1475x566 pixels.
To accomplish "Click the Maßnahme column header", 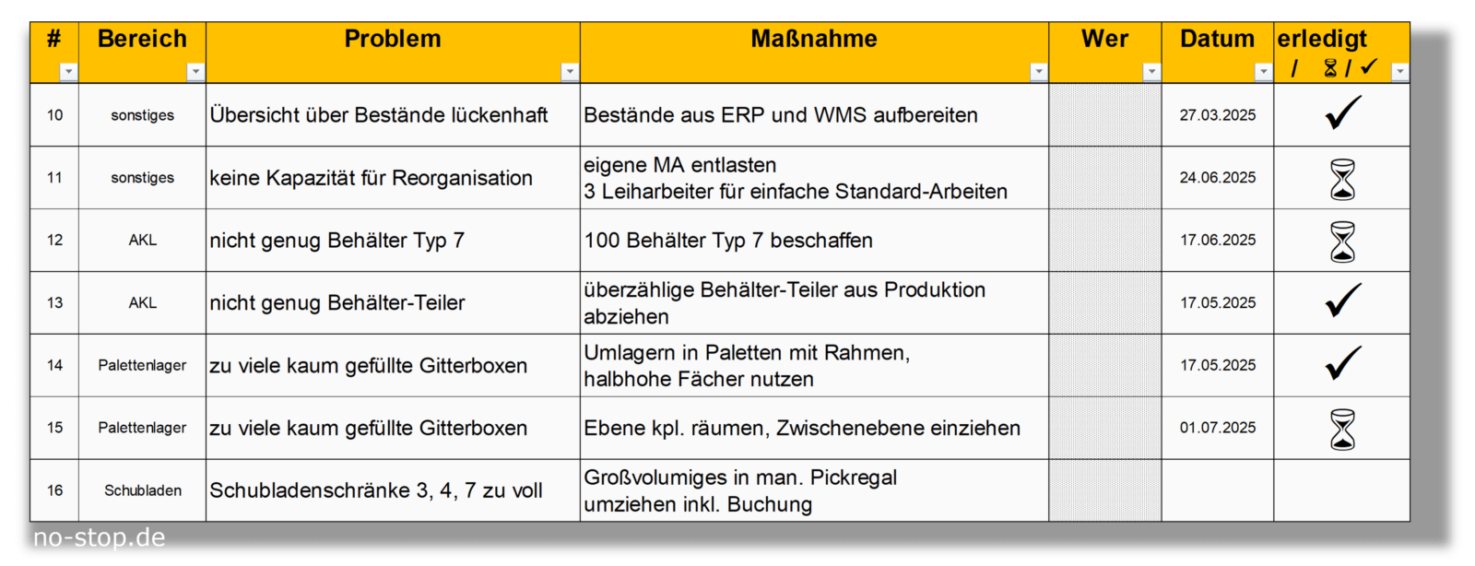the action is point(814,39).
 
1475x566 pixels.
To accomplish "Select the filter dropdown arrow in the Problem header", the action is point(570,72).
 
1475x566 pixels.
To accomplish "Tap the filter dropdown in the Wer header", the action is point(1151,72).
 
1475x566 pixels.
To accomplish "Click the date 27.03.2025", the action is point(1218,115).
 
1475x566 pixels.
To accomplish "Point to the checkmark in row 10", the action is point(1342,112).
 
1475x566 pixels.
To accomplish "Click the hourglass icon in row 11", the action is point(1342,179).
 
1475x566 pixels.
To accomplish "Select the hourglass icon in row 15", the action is point(1342,429).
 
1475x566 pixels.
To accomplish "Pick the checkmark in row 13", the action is point(1342,301).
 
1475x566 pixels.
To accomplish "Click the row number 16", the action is point(54,490).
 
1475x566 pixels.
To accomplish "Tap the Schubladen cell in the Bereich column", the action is point(143,490).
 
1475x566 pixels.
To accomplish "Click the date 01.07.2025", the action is point(1218,428).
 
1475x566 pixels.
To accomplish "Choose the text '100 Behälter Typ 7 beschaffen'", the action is point(728,241).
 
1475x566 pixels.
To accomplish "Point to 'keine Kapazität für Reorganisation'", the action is point(371,178).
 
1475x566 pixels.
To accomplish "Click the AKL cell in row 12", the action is point(143,241).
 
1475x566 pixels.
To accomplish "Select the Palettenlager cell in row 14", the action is point(142,365).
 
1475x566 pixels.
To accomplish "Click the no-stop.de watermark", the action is point(99,537).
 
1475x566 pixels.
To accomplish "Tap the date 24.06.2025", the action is point(1218,178).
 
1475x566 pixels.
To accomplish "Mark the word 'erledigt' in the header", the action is point(1322,39).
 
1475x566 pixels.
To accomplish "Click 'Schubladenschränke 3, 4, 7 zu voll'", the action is point(376,490).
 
